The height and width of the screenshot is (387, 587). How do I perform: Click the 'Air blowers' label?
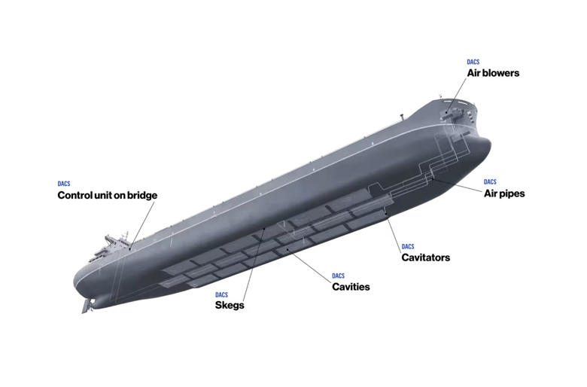tap(493, 73)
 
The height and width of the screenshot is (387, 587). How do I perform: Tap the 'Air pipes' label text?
tap(504, 193)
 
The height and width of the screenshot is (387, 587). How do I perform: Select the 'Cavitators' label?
tap(426, 257)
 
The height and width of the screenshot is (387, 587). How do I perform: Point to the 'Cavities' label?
tap(351, 287)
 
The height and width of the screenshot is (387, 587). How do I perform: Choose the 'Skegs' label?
tap(230, 306)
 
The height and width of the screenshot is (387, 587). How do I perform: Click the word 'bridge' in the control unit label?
tap(142, 195)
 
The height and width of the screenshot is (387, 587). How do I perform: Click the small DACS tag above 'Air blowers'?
tap(473, 62)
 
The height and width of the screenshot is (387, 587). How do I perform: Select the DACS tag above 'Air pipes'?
tap(490, 182)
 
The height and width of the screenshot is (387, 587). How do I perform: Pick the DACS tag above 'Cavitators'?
tap(408, 246)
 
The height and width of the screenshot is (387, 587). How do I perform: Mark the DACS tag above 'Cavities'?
tap(338, 276)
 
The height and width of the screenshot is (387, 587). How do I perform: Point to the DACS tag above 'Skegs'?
tap(221, 295)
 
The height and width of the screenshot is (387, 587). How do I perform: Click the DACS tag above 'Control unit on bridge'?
tap(64, 184)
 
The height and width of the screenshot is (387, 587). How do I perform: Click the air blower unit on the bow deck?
tap(455, 111)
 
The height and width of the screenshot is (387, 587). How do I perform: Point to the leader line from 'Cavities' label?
tap(309, 265)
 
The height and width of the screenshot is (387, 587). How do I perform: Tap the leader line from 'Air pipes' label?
tap(457, 185)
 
